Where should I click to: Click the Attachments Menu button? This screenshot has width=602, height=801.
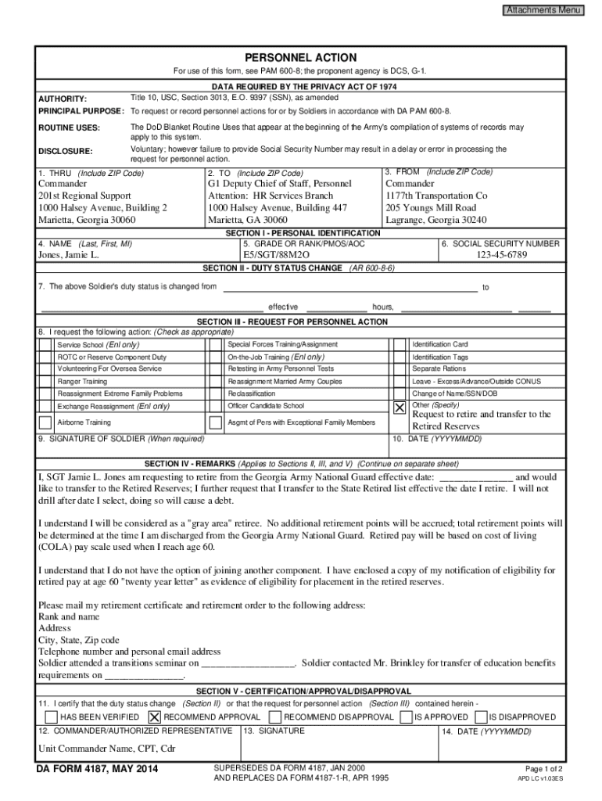point(543,10)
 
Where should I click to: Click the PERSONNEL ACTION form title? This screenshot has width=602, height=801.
point(300,58)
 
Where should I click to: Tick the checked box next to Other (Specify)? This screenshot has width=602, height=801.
point(400,408)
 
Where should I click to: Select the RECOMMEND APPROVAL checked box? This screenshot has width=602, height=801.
point(154,717)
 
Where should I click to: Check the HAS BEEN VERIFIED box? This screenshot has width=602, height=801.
point(51,717)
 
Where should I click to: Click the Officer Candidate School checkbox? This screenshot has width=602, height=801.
point(217,407)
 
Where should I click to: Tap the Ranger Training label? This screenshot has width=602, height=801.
point(83,382)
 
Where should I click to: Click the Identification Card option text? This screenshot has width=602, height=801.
point(439,344)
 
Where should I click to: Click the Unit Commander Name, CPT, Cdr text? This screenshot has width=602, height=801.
point(107,748)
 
